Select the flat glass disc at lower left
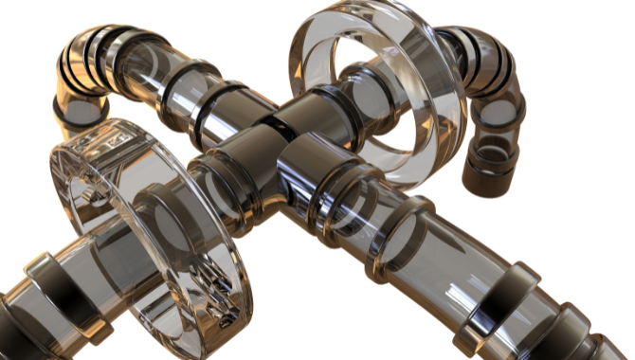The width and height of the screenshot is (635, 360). [152, 237]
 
